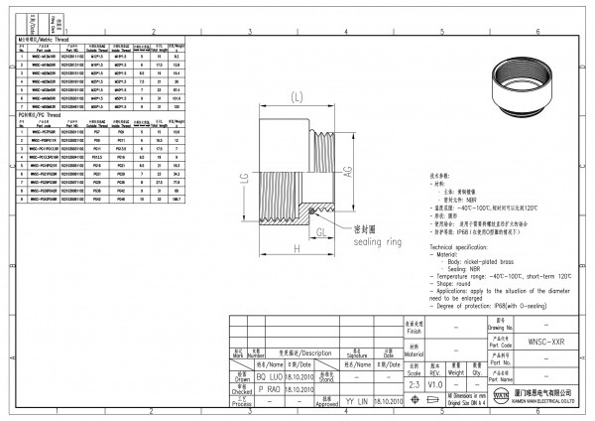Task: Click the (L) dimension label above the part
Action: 297,96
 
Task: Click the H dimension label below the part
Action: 297,247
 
